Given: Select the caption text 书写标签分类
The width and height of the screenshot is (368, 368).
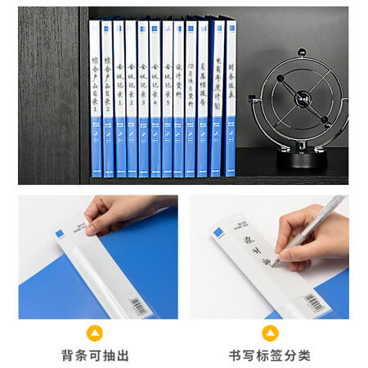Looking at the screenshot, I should click(269, 356).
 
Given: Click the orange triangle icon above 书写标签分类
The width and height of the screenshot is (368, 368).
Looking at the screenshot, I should click(269, 332).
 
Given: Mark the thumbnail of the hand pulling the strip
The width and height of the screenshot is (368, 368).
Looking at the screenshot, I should click(97, 256).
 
